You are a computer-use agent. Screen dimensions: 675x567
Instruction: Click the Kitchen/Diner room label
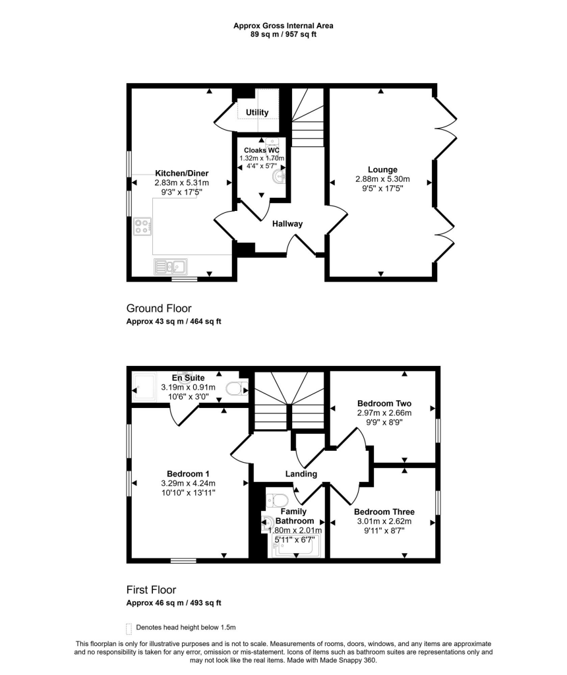pos(181,173)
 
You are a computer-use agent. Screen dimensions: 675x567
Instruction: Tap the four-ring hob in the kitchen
pos(142,227)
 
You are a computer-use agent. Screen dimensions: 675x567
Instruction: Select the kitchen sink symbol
pos(171,266)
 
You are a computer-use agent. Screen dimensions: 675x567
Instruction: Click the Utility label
pos(257,113)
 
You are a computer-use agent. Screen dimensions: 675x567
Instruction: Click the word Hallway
pos(287,224)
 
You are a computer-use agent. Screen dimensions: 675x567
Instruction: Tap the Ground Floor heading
pos(159,308)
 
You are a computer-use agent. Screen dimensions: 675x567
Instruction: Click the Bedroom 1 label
pos(188,474)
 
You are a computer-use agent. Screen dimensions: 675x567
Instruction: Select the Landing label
pos(301,474)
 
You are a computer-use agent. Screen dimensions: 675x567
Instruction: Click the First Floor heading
pos(151,590)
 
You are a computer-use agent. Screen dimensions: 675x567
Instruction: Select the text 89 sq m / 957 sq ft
pos(283,34)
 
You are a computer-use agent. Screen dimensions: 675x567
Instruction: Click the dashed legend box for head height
pos(129,628)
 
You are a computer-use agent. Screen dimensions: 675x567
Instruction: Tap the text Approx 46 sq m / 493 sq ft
pos(173,603)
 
